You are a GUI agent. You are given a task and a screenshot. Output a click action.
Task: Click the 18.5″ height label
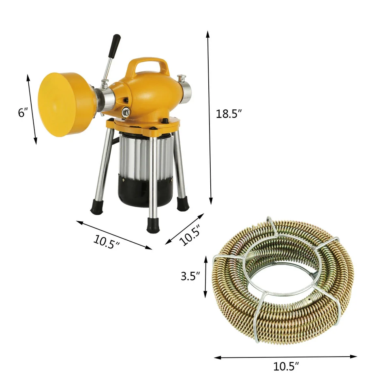pyautogui.click(x=229, y=114)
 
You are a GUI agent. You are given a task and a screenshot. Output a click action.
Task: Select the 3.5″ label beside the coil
pyautogui.click(x=190, y=277)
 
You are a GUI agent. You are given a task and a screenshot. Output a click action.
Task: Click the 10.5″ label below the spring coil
pyautogui.click(x=286, y=366)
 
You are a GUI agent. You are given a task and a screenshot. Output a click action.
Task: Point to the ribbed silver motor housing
pyautogui.click(x=140, y=156)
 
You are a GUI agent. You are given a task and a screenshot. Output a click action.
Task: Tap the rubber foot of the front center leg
pyautogui.click(x=153, y=225)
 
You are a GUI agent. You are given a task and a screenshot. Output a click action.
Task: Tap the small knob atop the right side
pyautogui.click(x=181, y=77)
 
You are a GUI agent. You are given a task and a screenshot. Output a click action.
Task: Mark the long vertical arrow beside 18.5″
pyautogui.click(x=209, y=118)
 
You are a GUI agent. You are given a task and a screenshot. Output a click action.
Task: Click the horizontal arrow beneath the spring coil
pyautogui.click(x=286, y=357)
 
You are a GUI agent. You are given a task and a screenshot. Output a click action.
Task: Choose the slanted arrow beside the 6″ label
pyautogui.click(x=32, y=109)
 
